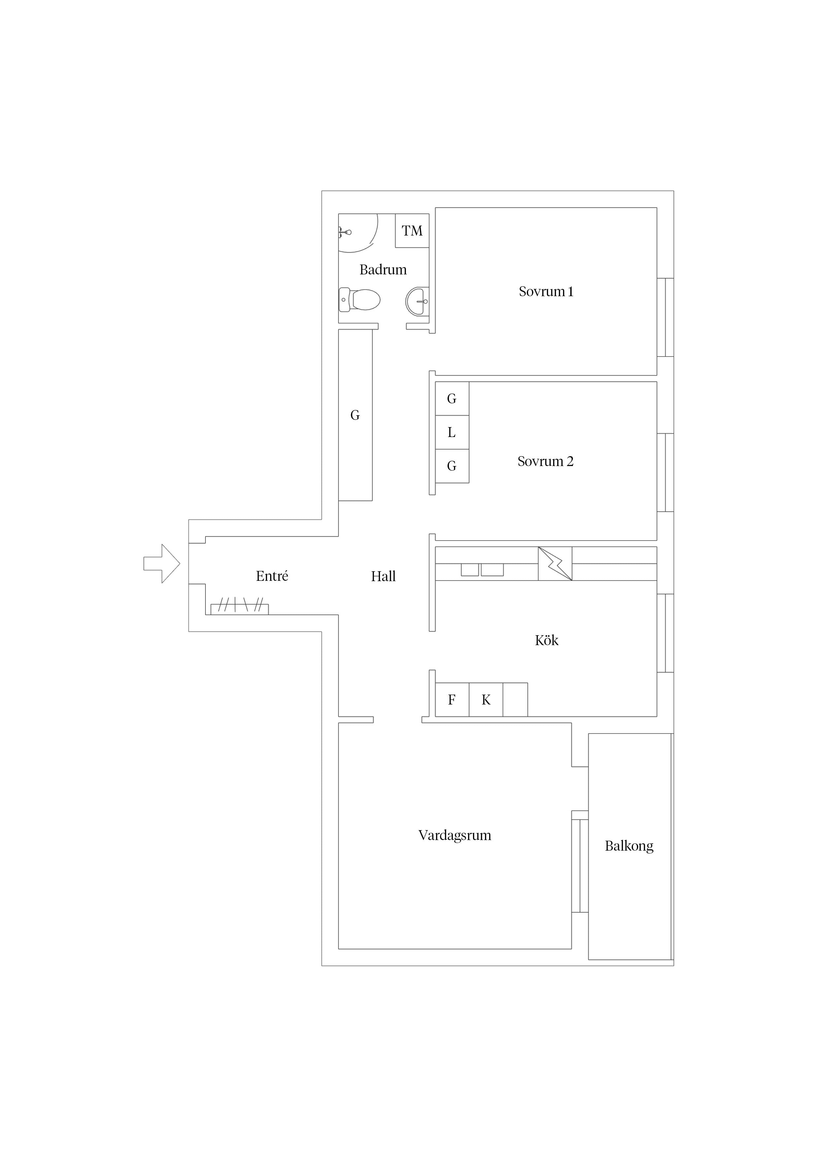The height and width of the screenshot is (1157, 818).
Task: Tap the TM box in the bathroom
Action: tap(412, 230)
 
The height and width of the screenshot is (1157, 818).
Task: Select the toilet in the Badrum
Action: tap(359, 300)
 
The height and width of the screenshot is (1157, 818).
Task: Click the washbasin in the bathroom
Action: tap(417, 301)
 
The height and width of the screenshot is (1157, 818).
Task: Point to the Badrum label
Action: tap(383, 269)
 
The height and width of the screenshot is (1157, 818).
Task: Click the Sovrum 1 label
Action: tap(546, 291)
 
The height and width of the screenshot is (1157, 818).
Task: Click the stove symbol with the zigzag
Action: tap(555, 563)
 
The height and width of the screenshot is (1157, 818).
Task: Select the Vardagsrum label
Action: tap(455, 835)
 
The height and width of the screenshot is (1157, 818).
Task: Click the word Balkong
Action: tap(629, 846)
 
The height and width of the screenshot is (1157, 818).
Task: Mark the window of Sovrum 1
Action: tap(665, 318)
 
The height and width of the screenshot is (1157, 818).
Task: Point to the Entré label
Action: tap(272, 576)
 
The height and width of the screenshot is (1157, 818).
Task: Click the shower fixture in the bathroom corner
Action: tap(345, 232)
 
